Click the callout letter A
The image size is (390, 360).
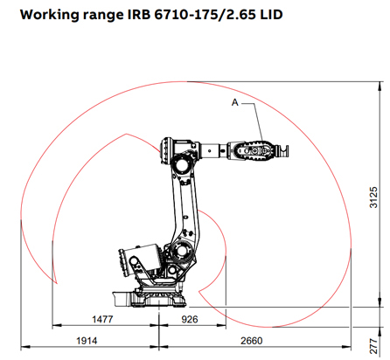coord(233,102)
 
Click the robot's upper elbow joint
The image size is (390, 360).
coord(183,161)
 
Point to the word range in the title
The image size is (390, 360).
coord(105,16)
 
